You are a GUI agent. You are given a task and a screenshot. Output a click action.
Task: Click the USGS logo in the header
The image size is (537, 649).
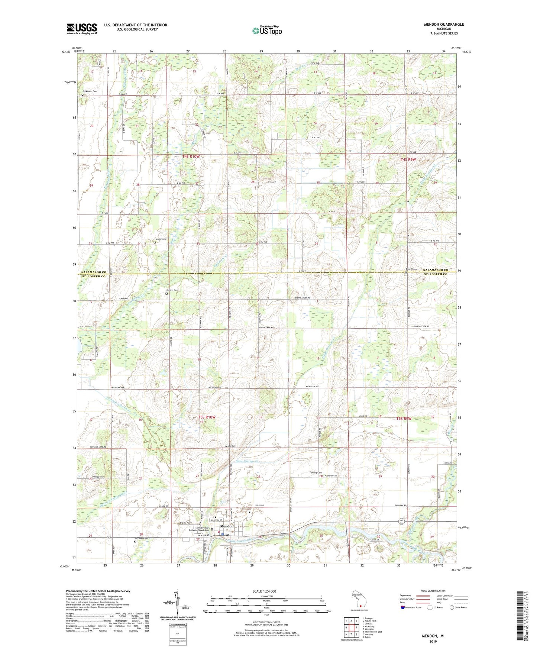coord(82,28)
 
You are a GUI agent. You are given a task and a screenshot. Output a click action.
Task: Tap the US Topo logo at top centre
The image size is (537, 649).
coord(267,30)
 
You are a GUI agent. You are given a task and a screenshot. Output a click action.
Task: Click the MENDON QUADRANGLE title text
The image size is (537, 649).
coord(444,25)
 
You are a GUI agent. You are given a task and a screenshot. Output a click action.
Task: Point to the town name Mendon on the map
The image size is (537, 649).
coord(227,526)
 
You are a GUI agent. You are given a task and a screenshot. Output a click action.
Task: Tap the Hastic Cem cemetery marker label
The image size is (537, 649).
coord(160,239)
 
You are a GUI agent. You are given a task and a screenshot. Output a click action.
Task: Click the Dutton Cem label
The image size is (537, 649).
coord(172,290)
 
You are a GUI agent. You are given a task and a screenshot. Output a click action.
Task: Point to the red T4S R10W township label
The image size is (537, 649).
coord(191,156)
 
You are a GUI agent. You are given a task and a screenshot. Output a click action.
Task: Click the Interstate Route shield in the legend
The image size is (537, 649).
coord(403,607)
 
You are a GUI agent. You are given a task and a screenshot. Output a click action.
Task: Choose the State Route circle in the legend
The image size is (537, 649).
coord(452,607)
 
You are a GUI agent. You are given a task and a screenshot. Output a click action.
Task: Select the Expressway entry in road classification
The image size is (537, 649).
coord(405,595)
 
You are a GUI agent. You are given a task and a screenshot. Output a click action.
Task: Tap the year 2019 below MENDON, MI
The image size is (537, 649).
coord(433,641)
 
